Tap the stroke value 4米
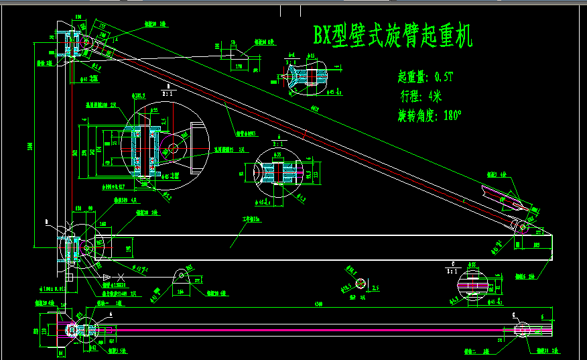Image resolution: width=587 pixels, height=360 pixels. [435, 95]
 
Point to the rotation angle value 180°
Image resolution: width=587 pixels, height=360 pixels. [452, 115]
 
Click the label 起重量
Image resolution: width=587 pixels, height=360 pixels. [411, 76]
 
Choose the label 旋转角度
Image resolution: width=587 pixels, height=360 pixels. [417, 115]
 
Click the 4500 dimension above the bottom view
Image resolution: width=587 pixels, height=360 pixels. [317, 304]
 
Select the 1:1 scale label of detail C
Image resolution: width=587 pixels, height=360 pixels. [454, 270]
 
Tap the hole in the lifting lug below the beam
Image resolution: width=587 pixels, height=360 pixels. [180, 274]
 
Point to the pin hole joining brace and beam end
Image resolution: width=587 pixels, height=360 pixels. [523, 228]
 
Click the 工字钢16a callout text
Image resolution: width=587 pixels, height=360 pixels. [251, 219]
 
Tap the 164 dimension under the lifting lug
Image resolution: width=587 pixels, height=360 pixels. [181, 292]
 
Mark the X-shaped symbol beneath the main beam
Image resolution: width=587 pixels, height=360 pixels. [119, 278]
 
